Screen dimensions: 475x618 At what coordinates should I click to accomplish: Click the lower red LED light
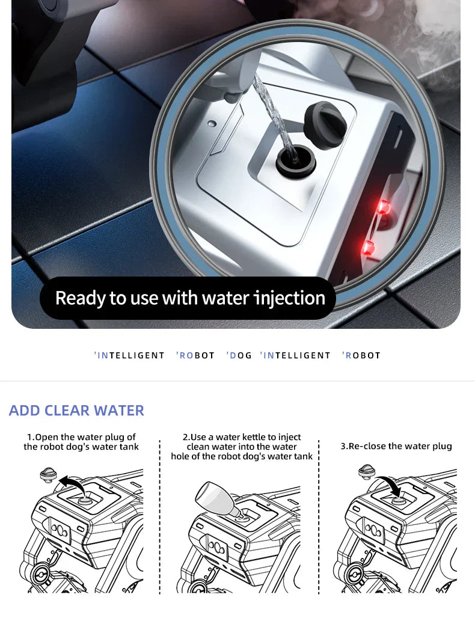coord(368,248)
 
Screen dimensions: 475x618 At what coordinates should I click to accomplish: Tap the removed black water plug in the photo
coord(325,125)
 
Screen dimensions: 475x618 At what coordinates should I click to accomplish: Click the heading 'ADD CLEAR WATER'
coord(76,411)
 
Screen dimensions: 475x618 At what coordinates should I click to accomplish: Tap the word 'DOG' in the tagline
coord(239,355)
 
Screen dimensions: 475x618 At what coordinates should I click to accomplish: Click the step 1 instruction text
coord(81,442)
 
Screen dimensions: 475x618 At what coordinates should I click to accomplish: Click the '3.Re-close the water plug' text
coord(396,446)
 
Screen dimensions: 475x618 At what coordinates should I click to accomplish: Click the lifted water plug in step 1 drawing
coord(49,474)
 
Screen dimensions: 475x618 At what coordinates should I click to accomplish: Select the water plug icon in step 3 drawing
coord(367,472)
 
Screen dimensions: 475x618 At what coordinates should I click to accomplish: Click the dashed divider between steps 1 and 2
coord(160,517)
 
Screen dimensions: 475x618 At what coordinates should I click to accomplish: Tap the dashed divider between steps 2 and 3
coord(319,517)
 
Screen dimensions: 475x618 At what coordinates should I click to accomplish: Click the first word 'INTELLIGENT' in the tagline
coord(129,355)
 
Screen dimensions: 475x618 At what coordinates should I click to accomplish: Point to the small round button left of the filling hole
coord(212,123)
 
